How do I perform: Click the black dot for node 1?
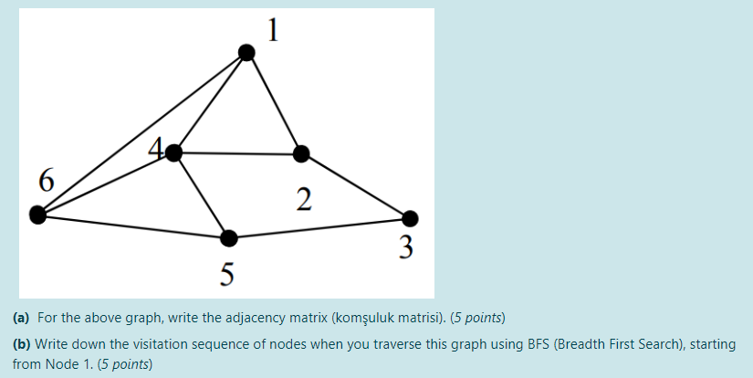tap(246, 53)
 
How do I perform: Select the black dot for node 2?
tap(301, 153)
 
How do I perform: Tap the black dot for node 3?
tap(410, 218)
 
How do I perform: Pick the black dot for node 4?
tap(174, 153)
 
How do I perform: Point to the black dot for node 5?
tap(229, 239)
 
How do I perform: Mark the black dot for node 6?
tap(37, 215)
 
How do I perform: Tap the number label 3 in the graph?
tap(407, 247)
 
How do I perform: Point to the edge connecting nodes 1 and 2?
tap(274, 103)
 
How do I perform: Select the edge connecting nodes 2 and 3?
tap(356, 186)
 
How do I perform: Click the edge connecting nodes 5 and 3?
tap(319, 229)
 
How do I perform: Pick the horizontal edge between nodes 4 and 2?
tap(237, 153)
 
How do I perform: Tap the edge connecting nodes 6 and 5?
tap(133, 227)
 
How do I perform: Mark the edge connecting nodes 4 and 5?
tap(202, 196)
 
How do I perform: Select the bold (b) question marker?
tap(21, 345)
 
